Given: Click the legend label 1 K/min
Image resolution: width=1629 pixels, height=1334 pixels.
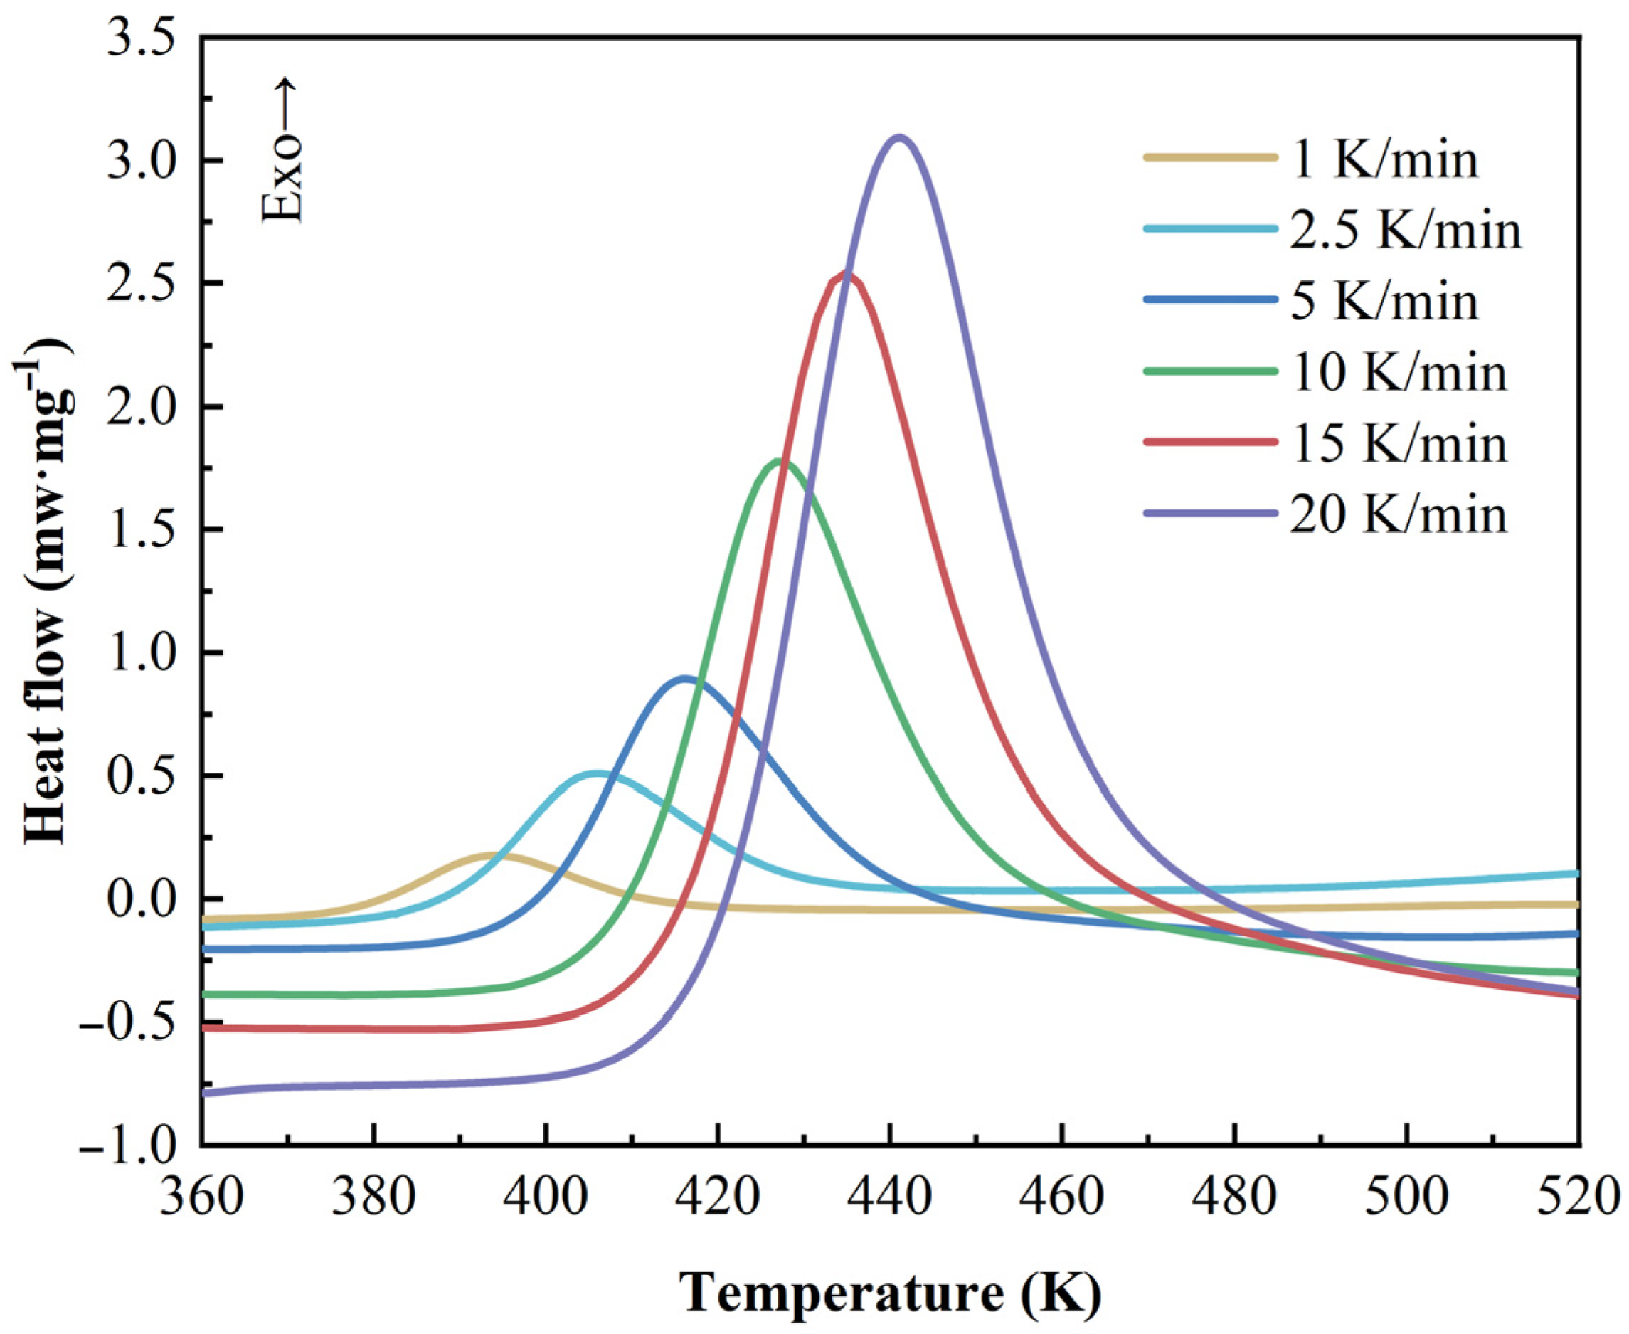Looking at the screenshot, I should click(x=1383, y=161).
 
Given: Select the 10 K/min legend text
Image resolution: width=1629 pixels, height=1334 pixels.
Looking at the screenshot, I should click(x=1398, y=373).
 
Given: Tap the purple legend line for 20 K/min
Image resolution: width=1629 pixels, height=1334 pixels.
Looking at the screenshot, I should click(x=1210, y=514).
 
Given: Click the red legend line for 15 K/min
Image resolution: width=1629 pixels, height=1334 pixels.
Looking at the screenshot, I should click(x=1210, y=443).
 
